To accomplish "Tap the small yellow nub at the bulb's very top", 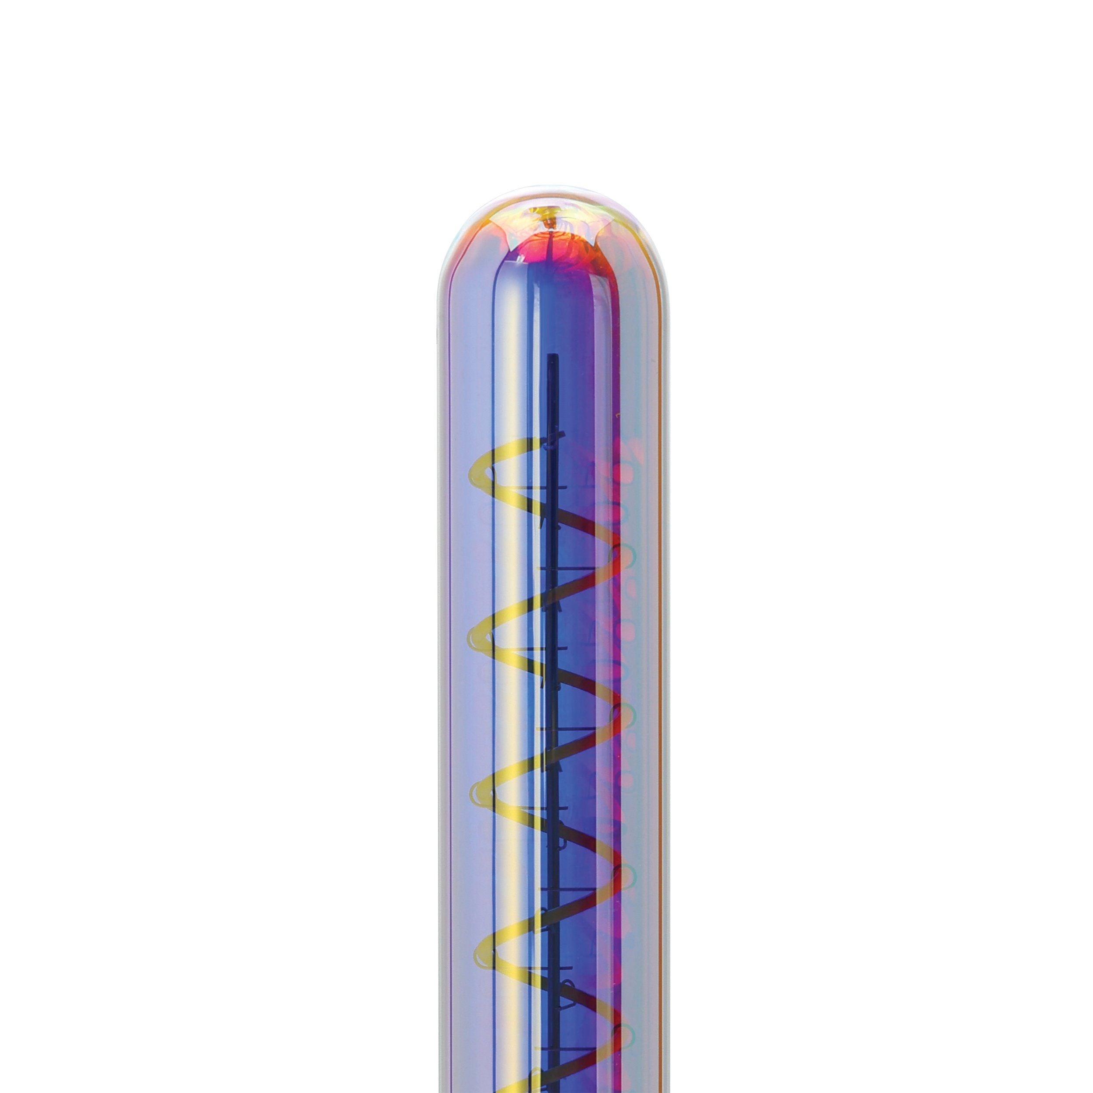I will [546, 214].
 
